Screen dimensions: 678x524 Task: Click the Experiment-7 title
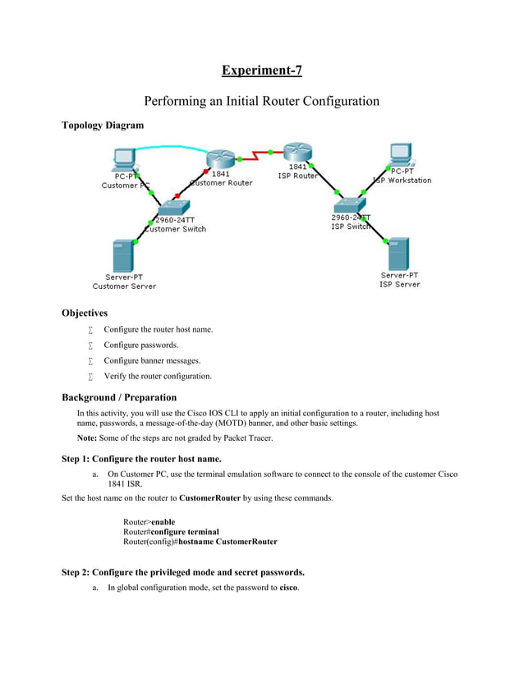pyautogui.click(x=261, y=70)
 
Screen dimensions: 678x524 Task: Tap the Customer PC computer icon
pyautogui.click(x=124, y=158)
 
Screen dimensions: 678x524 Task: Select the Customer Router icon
pyautogui.click(x=220, y=159)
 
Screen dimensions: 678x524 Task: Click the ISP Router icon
pyautogui.click(x=297, y=152)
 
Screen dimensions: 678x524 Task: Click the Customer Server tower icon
pyautogui.click(x=123, y=255)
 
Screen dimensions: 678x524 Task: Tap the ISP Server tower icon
pyautogui.click(x=398, y=254)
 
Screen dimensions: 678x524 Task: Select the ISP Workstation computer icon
pyautogui.click(x=400, y=154)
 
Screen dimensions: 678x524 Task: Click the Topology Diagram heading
pyautogui.click(x=103, y=126)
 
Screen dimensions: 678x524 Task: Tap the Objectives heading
pyautogui.click(x=85, y=313)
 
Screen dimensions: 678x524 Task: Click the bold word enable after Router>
pyautogui.click(x=163, y=522)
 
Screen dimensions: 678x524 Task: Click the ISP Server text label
pyautogui.click(x=399, y=285)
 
